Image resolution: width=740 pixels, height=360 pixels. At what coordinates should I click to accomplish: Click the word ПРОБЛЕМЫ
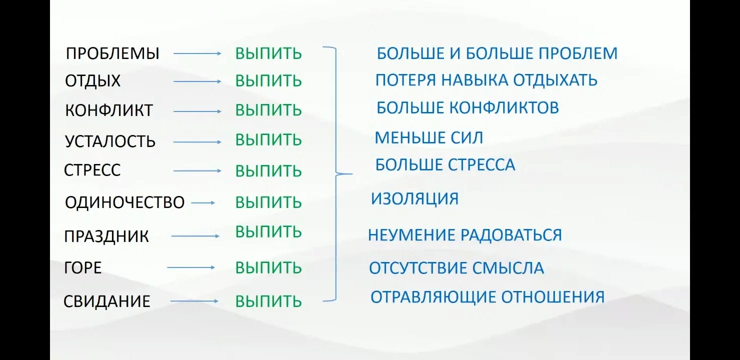pos(112,53)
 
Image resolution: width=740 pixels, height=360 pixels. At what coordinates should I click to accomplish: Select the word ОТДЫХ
pos(93,81)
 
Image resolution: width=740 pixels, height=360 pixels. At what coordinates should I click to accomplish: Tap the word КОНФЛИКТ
pos(109,110)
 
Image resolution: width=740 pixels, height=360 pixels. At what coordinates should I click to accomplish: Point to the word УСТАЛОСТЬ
pos(110,141)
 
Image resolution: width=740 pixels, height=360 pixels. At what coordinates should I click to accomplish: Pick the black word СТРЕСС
pos(92,170)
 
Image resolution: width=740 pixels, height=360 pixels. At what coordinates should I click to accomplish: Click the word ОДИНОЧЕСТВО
pos(125,202)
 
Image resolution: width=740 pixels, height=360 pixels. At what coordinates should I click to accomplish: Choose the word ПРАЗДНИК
pos(106,236)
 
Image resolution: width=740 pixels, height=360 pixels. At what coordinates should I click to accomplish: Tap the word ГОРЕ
pos(83,268)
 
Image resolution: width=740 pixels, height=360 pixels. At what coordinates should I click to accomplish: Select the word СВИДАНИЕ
pos(107,301)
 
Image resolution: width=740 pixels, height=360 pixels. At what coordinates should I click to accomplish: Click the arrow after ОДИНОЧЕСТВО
pos(203,203)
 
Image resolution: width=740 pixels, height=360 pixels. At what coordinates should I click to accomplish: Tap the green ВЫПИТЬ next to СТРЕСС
pos(268,171)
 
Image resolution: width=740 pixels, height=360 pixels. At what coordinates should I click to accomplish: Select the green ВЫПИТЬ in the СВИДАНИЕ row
pos(268,301)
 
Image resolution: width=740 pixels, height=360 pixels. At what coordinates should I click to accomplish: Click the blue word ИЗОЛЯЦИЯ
pos(414,199)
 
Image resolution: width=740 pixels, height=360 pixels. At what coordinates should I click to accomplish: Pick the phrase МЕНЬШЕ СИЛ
pos(429,137)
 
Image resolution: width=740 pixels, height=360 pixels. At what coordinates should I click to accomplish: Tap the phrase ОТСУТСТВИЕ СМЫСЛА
pos(456,268)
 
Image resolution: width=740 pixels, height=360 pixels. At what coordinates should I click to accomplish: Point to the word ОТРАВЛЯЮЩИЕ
pos(433,297)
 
